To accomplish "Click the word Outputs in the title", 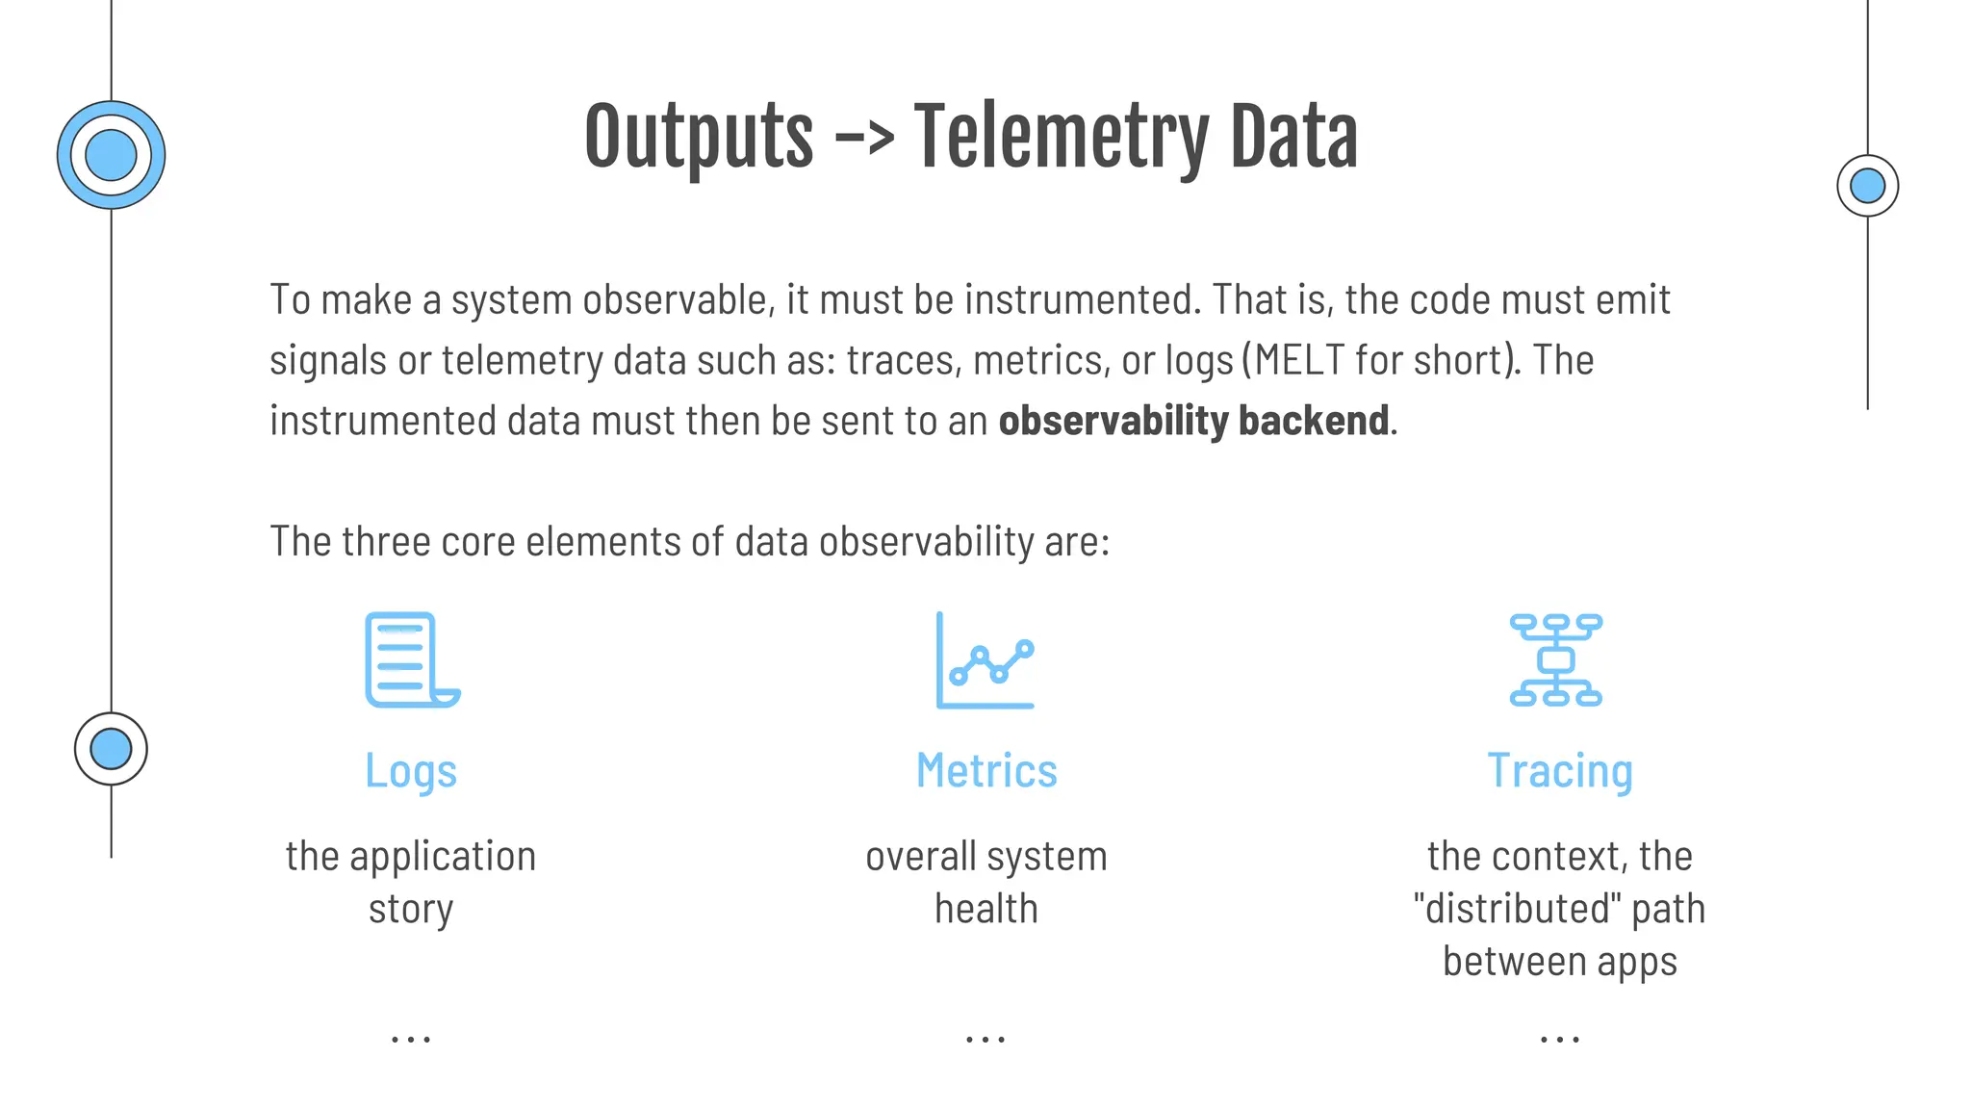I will tap(699, 137).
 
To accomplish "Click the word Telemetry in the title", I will tap(1059, 137).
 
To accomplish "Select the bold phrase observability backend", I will tap(1193, 421).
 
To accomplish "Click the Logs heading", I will tap(411, 771).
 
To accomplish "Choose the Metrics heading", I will tap(986, 771).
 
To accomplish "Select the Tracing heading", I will tap(1560, 771).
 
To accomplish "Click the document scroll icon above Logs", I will tap(412, 660).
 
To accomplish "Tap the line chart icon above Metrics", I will tap(985, 660).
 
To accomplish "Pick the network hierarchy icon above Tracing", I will tap(1556, 660).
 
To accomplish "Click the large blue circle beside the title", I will tap(111, 155).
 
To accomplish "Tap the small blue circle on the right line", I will tap(1867, 186).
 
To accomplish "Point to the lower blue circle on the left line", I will tap(111, 749).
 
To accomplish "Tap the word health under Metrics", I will tap(986, 909).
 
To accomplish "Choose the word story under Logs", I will tap(411, 909).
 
